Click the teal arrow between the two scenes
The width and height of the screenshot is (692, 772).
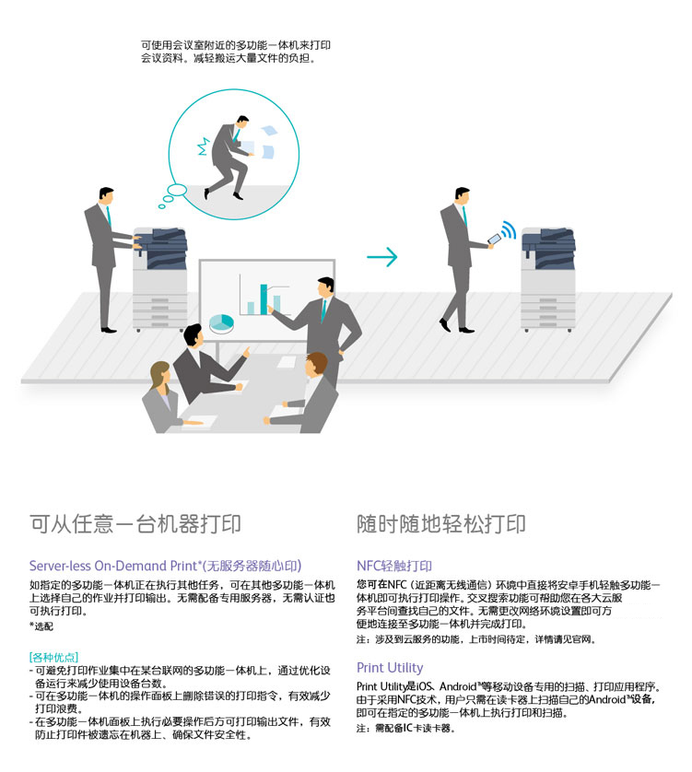click(381, 256)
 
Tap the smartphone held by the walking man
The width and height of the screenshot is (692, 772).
click(494, 239)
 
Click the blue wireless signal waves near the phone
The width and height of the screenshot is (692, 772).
click(509, 230)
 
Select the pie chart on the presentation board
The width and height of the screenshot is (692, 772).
click(222, 323)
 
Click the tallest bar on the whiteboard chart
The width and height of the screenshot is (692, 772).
click(264, 299)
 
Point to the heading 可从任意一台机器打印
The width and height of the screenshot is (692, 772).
click(135, 524)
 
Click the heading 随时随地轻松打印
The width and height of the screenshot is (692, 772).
click(441, 524)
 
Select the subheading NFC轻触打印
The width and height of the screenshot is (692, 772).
click(394, 566)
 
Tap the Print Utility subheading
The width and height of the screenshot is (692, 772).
click(390, 668)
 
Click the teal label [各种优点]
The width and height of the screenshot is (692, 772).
click(53, 657)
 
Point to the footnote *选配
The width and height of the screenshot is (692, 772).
click(41, 626)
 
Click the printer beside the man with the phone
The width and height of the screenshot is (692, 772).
click(548, 279)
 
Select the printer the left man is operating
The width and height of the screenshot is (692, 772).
click(160, 279)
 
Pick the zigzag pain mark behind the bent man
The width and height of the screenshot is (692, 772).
click(204, 146)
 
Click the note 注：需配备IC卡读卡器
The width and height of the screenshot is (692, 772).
click(405, 728)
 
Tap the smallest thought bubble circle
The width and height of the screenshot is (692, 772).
click(161, 206)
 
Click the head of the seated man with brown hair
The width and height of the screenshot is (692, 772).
click(316, 364)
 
